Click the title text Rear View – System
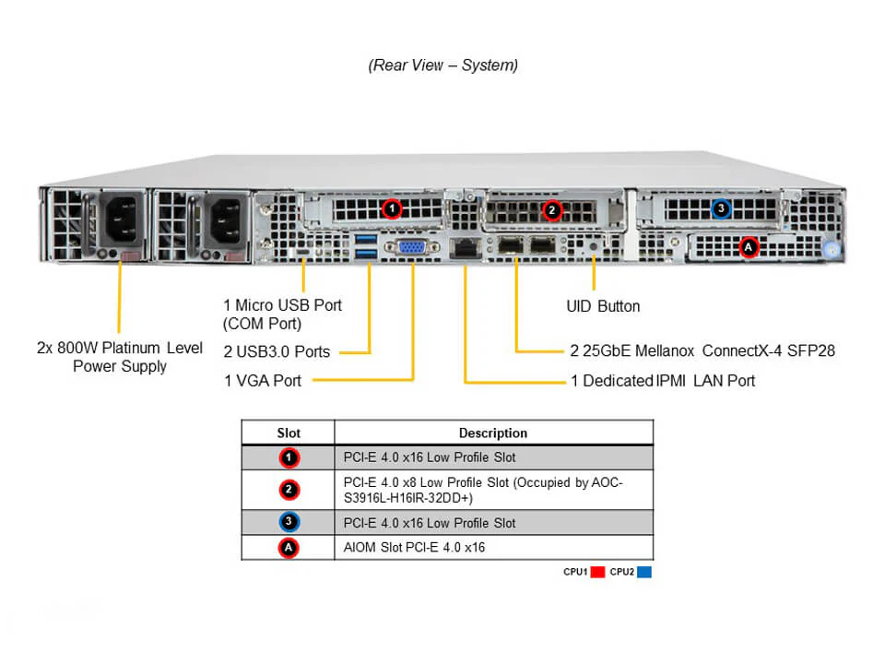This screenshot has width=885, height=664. (x=442, y=65)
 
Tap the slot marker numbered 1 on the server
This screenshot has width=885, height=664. (x=392, y=209)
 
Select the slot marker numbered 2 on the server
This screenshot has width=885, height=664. (x=551, y=209)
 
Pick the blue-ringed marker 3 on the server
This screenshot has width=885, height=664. (x=722, y=209)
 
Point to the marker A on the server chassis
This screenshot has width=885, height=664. (x=749, y=246)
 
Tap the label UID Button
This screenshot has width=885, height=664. (x=602, y=306)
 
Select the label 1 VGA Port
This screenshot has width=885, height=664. (x=262, y=380)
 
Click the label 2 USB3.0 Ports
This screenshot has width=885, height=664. (x=276, y=351)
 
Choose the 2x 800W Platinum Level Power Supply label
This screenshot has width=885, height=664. (x=120, y=357)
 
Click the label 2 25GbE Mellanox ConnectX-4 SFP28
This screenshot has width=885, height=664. (x=702, y=350)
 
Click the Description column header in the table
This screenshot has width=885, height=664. (x=493, y=433)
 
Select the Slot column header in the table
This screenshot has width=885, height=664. (x=289, y=433)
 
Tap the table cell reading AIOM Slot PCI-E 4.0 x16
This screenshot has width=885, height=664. (x=414, y=548)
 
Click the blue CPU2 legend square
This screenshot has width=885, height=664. (x=644, y=572)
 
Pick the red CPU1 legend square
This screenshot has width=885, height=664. (x=596, y=572)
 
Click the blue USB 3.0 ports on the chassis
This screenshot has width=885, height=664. (x=365, y=246)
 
